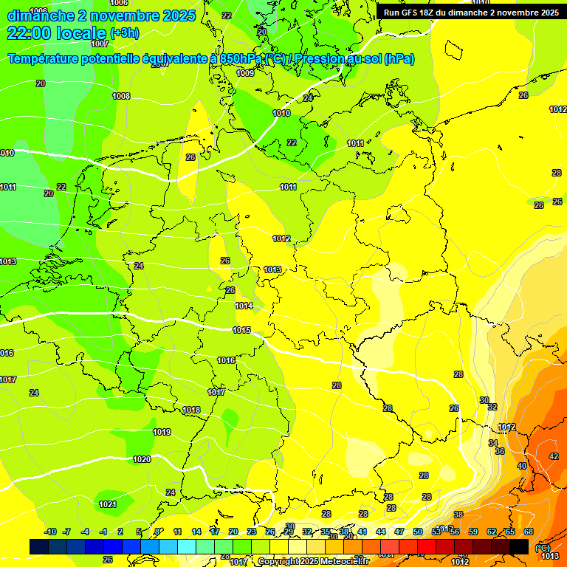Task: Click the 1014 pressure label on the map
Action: tap(244, 306)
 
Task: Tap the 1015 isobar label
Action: tap(241, 330)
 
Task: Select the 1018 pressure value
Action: tap(191, 410)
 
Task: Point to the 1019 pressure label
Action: tap(162, 432)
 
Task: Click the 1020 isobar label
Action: tap(142, 459)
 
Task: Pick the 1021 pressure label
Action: tap(107, 504)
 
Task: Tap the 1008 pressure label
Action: tap(121, 96)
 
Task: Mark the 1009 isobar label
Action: tap(245, 73)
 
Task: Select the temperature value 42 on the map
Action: tap(554, 456)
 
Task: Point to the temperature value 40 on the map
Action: tap(522, 466)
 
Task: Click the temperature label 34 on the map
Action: tap(492, 443)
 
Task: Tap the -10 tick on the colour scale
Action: tap(50, 532)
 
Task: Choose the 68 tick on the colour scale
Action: tap(529, 532)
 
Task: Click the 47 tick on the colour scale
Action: tap(399, 532)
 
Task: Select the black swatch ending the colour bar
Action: tap(519, 546)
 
